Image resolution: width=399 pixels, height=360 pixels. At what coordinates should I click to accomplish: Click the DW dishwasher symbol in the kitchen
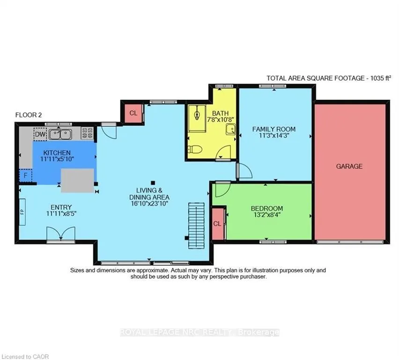(40, 134)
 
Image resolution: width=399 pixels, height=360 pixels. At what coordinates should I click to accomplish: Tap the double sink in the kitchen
(60, 134)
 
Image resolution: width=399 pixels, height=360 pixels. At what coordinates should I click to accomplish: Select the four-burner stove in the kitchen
(88, 133)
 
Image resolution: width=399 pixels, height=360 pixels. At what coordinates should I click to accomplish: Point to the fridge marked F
(25, 175)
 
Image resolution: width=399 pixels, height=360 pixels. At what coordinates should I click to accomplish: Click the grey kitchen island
(77, 180)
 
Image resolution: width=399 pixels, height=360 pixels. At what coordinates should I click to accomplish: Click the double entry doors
(61, 233)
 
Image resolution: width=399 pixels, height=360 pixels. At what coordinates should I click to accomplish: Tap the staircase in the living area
(196, 226)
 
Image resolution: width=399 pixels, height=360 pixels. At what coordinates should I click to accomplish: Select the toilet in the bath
(195, 149)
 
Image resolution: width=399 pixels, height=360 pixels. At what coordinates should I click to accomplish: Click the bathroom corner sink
(230, 129)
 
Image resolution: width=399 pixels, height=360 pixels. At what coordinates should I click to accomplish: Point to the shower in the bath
(197, 118)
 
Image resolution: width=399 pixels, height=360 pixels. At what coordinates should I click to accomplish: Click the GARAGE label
(349, 166)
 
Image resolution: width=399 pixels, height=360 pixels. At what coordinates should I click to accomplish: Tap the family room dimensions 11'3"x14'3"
(274, 135)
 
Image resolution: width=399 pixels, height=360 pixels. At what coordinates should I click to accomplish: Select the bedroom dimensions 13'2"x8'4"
(267, 215)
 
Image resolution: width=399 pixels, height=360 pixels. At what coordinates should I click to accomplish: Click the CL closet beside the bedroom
(218, 224)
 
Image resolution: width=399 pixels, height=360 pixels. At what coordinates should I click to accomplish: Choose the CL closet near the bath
(133, 113)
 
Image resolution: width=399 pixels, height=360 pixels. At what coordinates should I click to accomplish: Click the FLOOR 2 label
(29, 115)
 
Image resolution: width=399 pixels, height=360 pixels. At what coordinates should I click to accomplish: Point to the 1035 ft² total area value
(380, 78)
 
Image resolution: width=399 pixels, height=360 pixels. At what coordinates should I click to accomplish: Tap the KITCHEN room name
(57, 153)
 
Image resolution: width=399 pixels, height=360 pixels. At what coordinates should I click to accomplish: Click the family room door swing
(244, 171)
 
